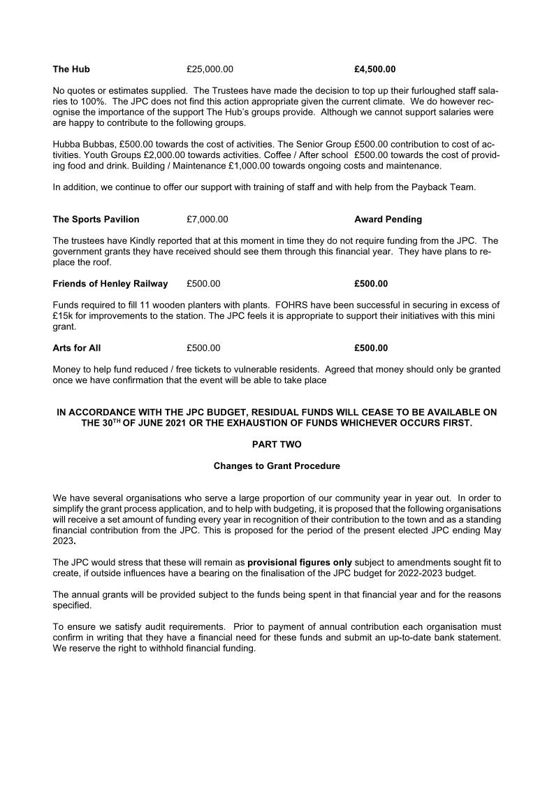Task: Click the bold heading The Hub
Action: [x=71, y=69]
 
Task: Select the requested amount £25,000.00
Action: [x=210, y=69]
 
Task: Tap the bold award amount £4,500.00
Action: [x=374, y=69]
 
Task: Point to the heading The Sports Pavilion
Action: [x=96, y=219]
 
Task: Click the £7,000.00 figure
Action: [x=207, y=219]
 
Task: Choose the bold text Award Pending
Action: [x=388, y=219]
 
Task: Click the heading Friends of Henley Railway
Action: [x=110, y=284]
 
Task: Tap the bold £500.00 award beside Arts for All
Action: [x=371, y=348]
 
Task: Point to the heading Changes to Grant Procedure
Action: [x=277, y=466]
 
